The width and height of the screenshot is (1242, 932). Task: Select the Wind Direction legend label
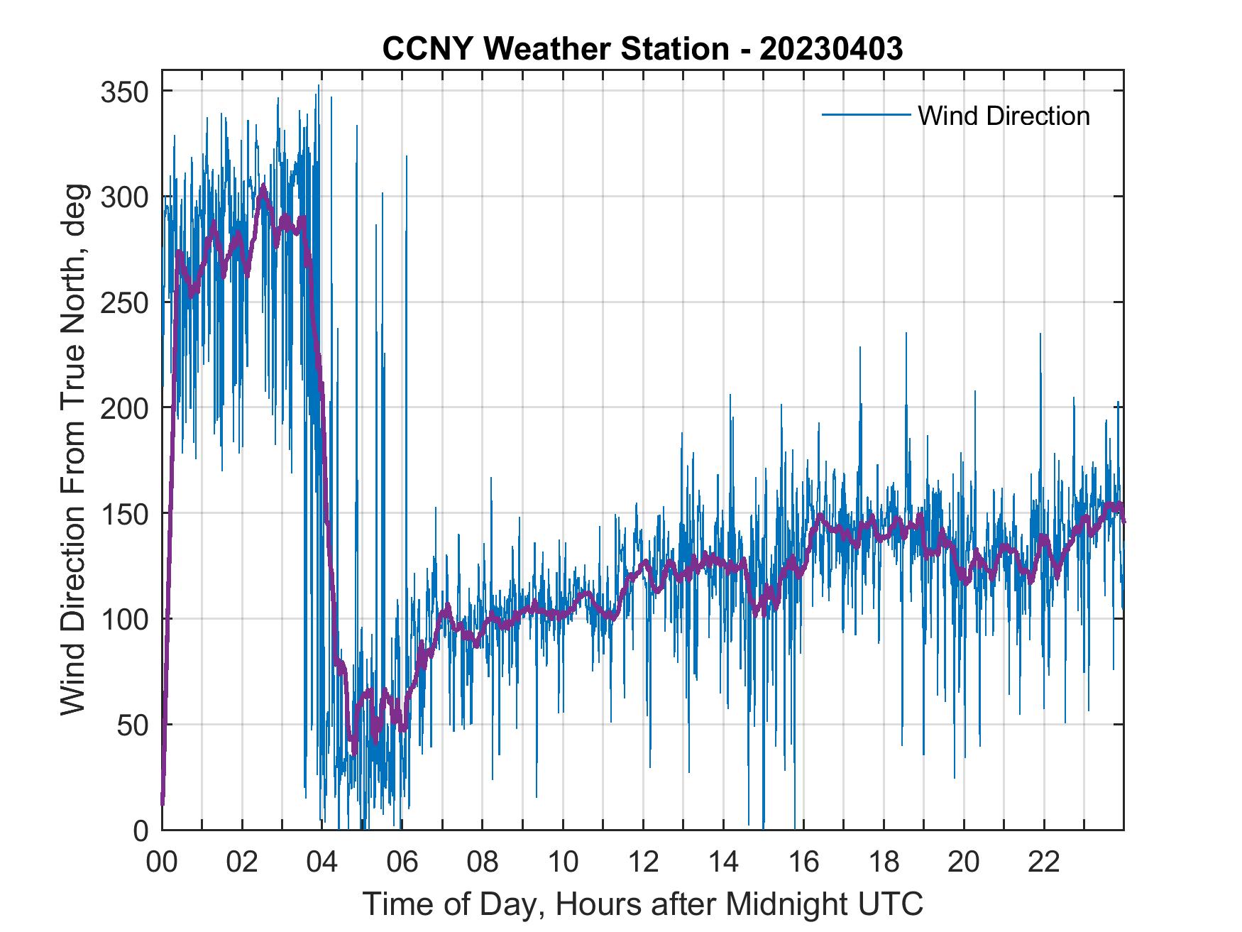[x=1004, y=116]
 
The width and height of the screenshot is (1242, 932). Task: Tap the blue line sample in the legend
[x=866, y=115]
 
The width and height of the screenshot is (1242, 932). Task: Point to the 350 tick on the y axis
[x=125, y=92]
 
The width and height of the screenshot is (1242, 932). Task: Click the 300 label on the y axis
[x=125, y=197]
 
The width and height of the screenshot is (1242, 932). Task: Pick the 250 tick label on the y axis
[x=125, y=302]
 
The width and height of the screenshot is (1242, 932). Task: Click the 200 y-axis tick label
[x=125, y=407]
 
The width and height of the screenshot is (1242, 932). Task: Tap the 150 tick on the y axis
[x=125, y=513]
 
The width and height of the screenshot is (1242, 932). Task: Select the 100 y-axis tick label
[x=125, y=619]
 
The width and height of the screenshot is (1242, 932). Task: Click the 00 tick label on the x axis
[x=162, y=862]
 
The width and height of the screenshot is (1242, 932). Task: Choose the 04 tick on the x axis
[x=322, y=862]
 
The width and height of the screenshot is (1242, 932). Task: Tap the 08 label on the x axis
[x=483, y=862]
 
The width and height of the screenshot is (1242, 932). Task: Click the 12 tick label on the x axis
[x=643, y=862]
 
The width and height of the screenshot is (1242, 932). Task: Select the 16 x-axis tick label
[x=803, y=862]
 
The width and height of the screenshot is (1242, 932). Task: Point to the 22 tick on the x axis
[x=1044, y=862]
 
